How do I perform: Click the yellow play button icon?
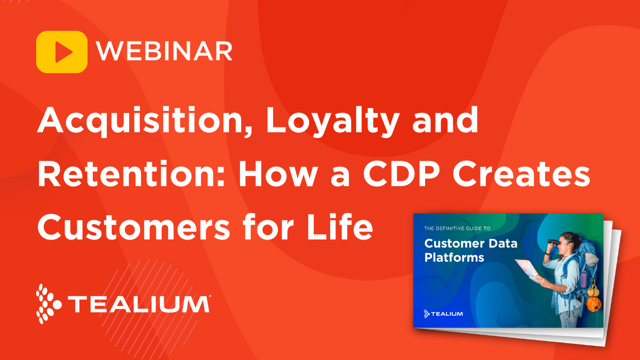[62, 52]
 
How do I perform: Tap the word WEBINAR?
[164, 52]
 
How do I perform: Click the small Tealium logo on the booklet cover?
[443, 313]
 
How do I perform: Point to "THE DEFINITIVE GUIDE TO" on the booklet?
[457, 228]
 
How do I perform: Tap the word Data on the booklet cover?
[500, 243]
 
